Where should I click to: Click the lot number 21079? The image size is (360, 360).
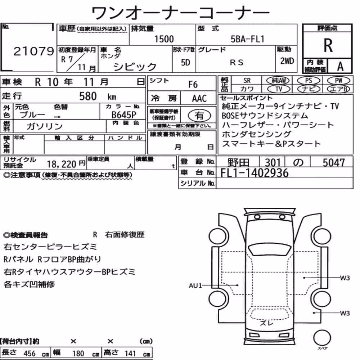33,51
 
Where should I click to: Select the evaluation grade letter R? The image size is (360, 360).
328,45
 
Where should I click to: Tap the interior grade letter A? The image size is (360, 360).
340,66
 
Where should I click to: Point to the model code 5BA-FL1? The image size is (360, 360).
248,39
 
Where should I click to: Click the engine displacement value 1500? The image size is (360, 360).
164,39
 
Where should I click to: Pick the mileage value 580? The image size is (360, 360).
88,96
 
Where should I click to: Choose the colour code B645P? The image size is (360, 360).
124,115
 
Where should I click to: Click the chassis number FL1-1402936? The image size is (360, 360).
255,173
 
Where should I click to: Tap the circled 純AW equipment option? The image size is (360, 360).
278,80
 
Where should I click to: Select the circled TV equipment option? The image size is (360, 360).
279,89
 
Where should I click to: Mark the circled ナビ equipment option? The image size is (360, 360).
309,89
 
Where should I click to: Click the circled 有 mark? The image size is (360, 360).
199,116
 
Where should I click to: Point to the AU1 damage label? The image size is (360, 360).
195,285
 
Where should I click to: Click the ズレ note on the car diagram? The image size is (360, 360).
266,323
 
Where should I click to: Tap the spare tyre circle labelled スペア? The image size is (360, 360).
322,338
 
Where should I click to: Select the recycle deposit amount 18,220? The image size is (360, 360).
62,164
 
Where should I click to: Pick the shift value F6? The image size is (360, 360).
193,85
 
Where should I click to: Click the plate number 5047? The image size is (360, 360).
334,163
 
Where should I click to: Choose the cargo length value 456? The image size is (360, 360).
30,354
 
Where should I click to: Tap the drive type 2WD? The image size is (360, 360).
287,61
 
